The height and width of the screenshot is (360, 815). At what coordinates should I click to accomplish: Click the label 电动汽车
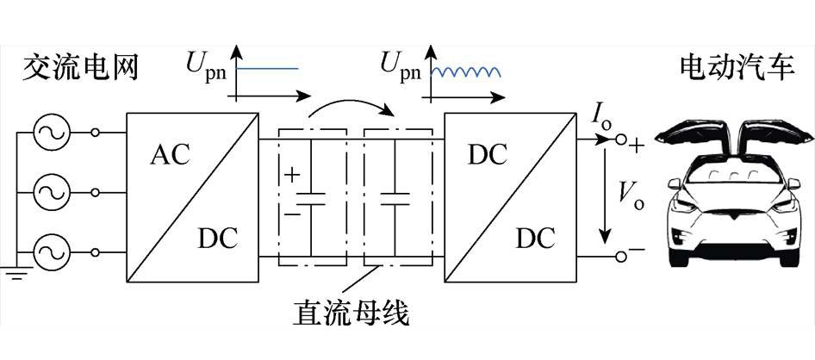pyautogui.click(x=737, y=67)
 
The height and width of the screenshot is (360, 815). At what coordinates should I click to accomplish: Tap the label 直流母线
pyautogui.click(x=352, y=313)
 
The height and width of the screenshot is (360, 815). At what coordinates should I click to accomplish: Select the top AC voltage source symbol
pyautogui.click(x=50, y=133)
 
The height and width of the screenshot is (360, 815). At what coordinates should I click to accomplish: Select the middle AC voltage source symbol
pyautogui.click(x=50, y=192)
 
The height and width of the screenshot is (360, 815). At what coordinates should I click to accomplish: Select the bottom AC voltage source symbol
pyautogui.click(x=50, y=252)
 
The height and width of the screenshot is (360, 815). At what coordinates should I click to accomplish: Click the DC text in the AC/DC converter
pyautogui.click(x=215, y=237)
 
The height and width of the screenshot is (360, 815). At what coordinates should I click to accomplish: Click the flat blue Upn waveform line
pyautogui.click(x=268, y=68)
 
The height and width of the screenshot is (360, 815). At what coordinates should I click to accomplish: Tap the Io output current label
pyautogui.click(x=600, y=113)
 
